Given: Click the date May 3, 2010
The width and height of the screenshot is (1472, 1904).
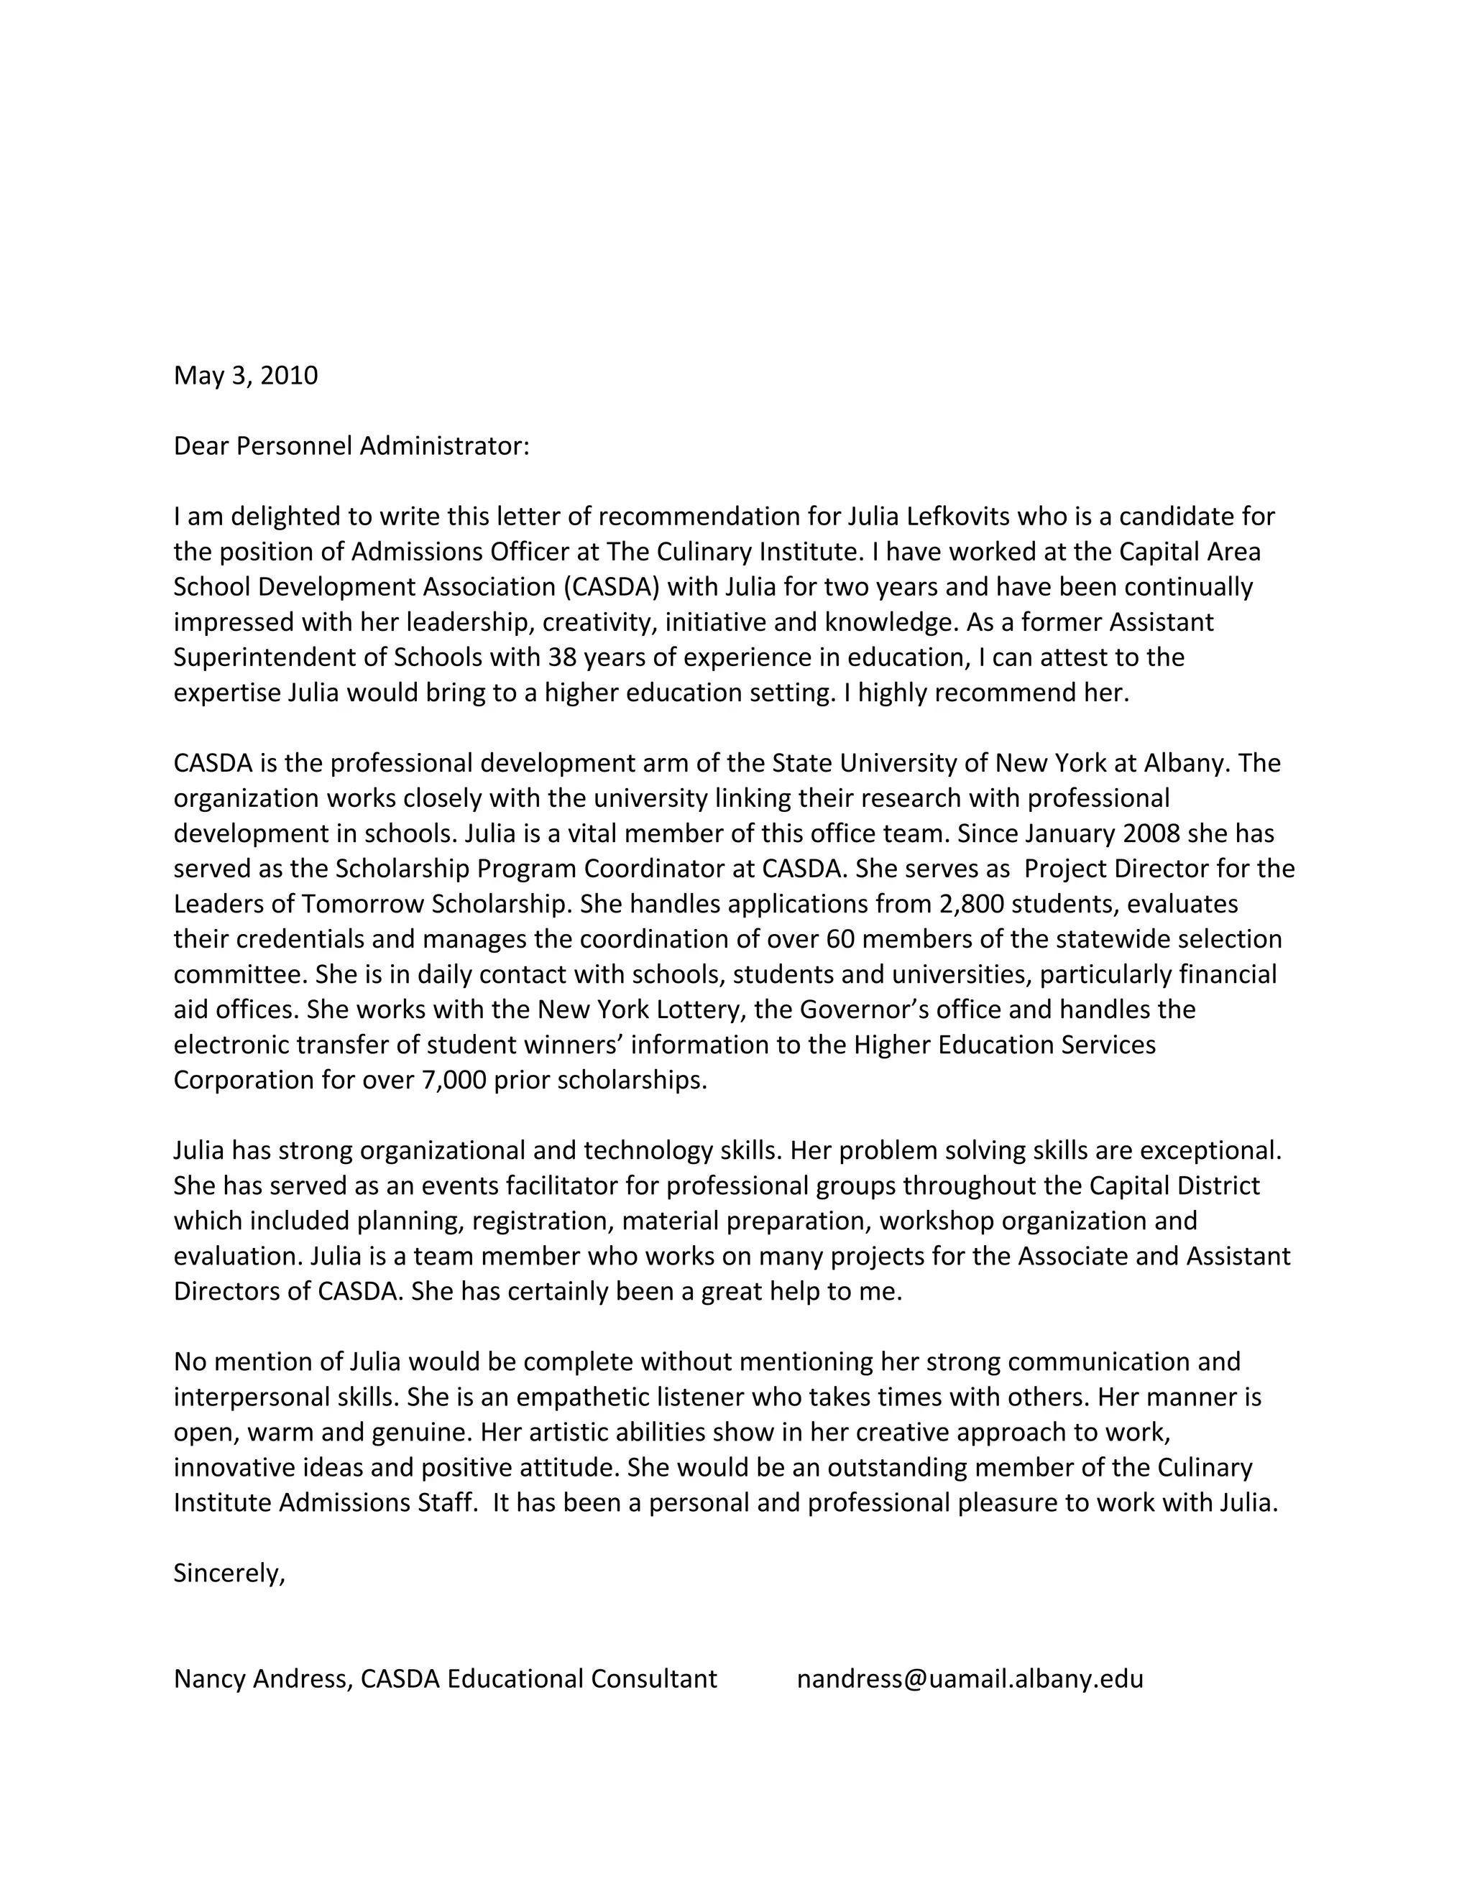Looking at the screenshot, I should coord(246,376).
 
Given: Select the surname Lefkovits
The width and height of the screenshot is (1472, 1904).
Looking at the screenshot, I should coord(958,517).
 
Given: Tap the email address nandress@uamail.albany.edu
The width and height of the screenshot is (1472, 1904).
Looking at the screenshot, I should coord(970,1679).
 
